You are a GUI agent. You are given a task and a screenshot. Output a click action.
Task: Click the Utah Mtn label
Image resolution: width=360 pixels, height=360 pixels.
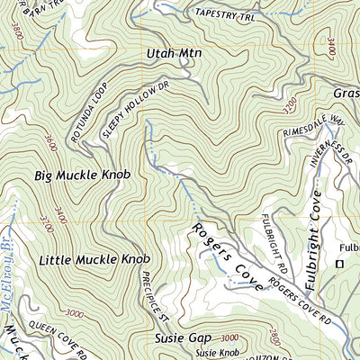pos(174,55)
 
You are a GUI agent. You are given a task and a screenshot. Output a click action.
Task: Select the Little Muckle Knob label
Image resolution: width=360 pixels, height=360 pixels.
pos(94,260)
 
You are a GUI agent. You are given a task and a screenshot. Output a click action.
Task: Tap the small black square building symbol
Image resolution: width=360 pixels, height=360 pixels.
pos(339,264)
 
